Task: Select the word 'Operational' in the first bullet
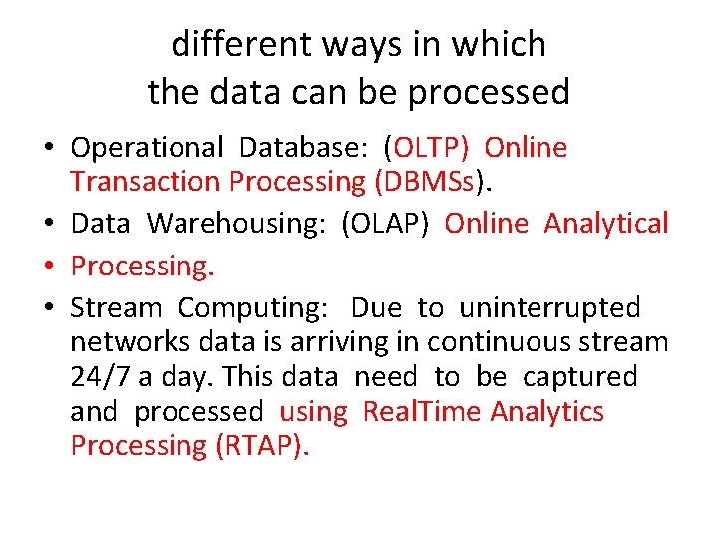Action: pos(148,148)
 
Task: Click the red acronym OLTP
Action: pos(431,148)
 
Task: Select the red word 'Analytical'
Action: pos(606,224)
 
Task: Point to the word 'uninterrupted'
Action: pos(549,308)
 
